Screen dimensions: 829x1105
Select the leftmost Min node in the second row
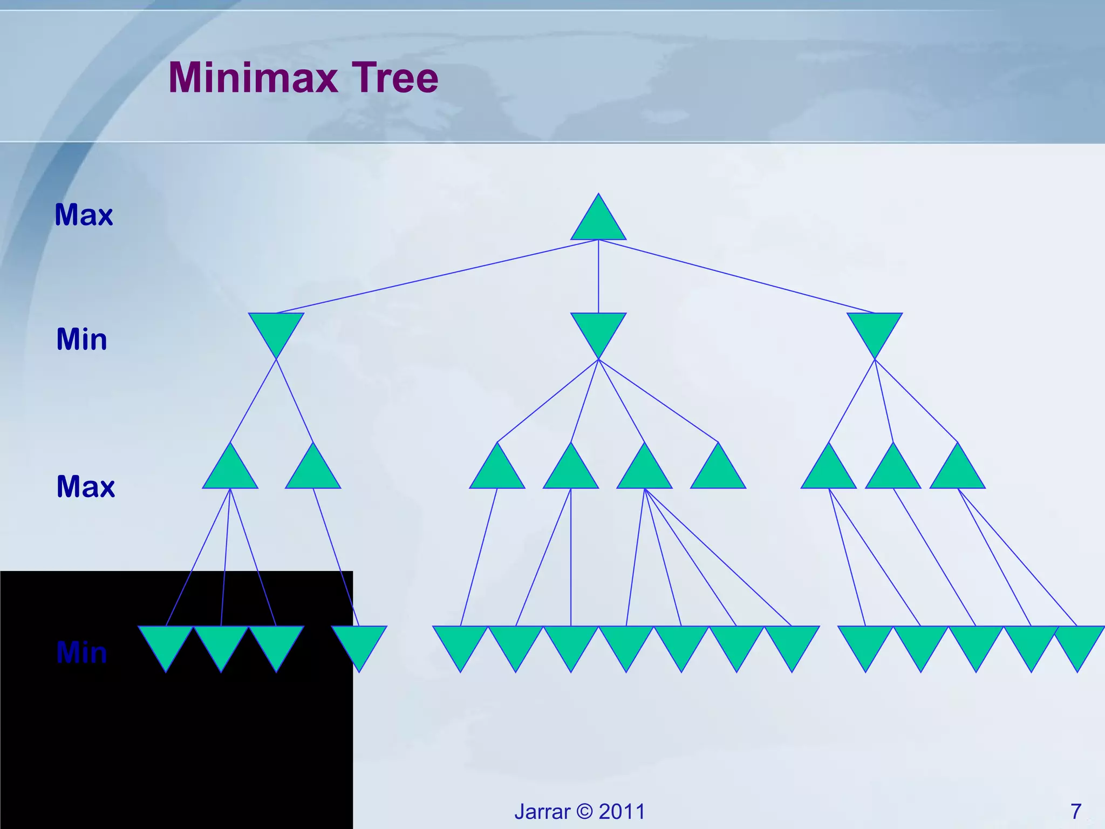pyautogui.click(x=276, y=329)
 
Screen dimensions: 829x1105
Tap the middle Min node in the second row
pyautogui.click(x=598, y=329)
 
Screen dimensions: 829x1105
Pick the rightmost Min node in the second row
pyautogui.click(x=874, y=329)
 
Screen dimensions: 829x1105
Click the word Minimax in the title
pyautogui.click(x=253, y=78)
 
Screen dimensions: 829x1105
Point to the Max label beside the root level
pyautogui.click(x=84, y=215)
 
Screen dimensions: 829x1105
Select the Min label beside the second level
pyautogui.click(x=81, y=339)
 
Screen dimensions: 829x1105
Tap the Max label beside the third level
pyautogui.click(x=85, y=486)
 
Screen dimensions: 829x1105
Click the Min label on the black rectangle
pyautogui.click(x=81, y=653)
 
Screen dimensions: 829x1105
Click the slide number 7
pyautogui.click(x=1076, y=811)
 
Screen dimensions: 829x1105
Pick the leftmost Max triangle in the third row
pyautogui.click(x=230, y=472)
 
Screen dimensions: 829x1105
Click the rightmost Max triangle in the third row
pyautogui.click(x=957, y=472)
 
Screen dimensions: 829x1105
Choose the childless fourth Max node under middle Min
pyautogui.click(x=718, y=472)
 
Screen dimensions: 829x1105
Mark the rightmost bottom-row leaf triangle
pyautogui.click(x=1077, y=642)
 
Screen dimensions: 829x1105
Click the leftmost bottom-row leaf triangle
pyautogui.click(x=166, y=642)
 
